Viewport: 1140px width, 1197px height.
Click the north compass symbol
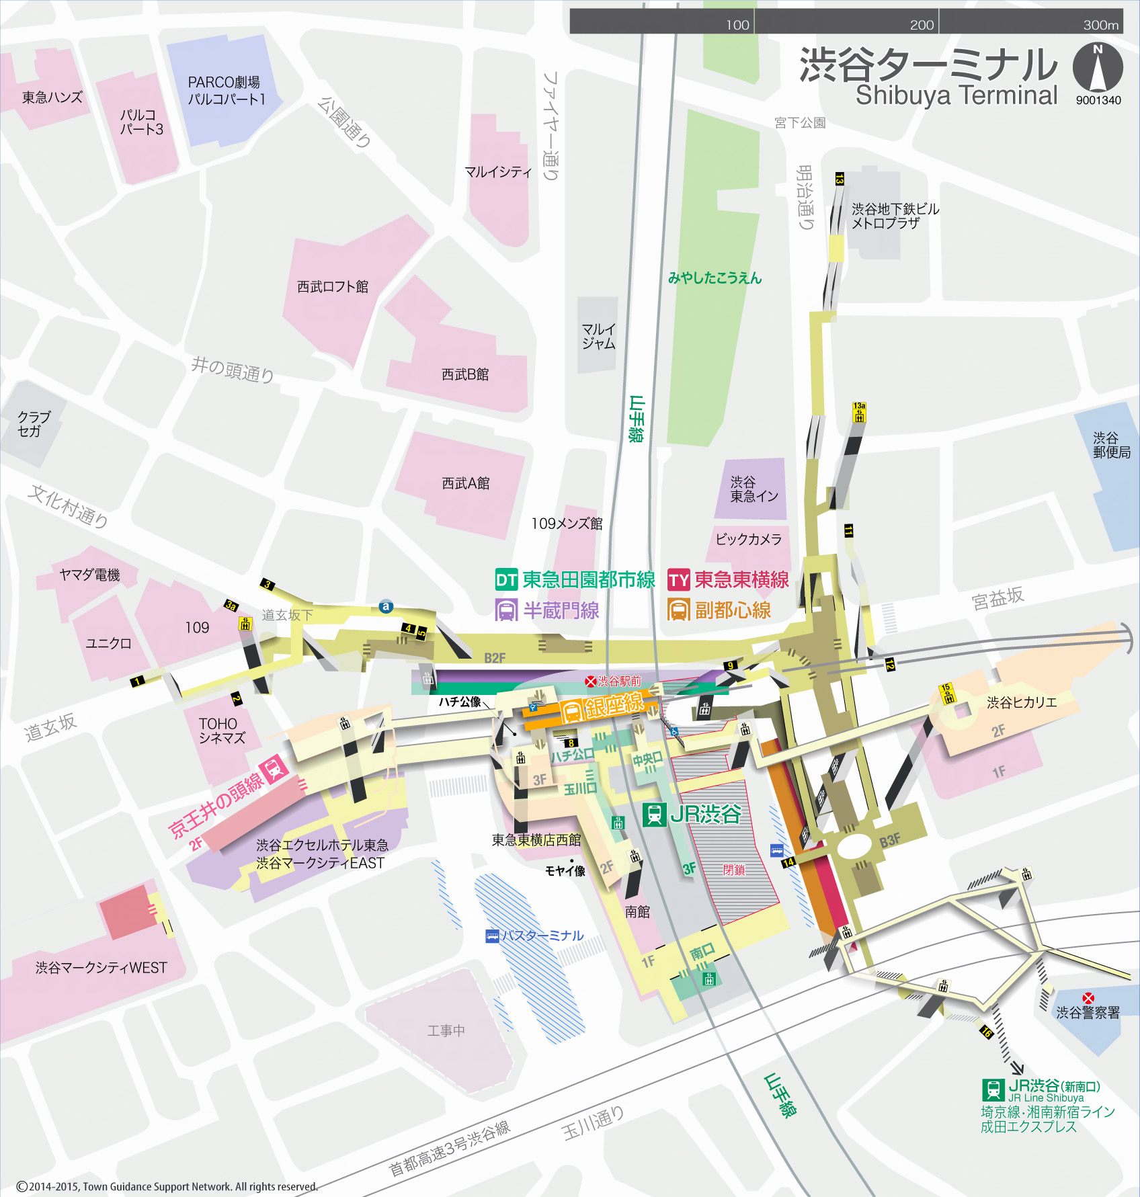1097,67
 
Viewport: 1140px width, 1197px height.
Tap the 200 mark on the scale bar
922,25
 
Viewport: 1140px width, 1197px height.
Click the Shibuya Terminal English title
956,95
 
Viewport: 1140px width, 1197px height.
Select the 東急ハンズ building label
52,97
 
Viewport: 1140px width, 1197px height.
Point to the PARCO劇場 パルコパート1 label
226,91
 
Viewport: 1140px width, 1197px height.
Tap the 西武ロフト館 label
333,287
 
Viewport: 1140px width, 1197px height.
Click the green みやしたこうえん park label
715,278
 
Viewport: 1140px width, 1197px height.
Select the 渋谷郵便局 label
1111,445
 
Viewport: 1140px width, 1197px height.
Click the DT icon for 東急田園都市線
506,579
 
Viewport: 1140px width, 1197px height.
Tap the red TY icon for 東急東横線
679,579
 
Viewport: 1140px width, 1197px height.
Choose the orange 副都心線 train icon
678,610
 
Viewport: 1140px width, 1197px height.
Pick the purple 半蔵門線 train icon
506,610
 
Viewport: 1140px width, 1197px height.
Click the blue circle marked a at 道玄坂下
385,606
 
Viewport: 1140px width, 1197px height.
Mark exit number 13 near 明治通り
839,179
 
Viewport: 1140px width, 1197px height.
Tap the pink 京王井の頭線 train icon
275,768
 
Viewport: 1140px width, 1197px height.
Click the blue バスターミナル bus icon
492,936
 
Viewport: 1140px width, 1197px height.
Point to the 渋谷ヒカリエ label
1021,702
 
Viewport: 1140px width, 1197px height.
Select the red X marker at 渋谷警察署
1088,998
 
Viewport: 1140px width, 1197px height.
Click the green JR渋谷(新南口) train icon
993,1089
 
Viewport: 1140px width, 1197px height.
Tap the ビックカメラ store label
748,539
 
